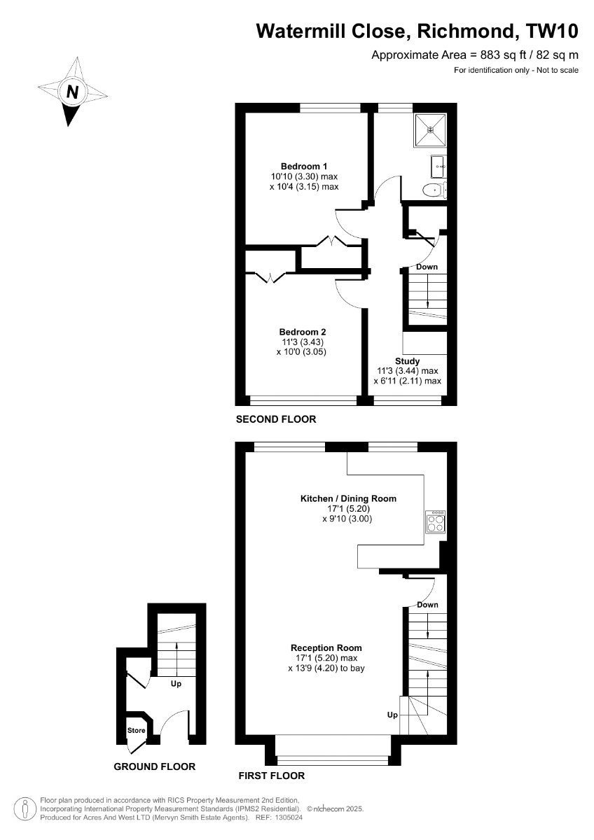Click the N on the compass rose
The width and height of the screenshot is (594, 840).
pyautogui.click(x=72, y=91)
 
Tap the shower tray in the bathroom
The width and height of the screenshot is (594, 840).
pyautogui.click(x=430, y=130)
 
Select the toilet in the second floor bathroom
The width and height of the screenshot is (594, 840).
pyautogui.click(x=434, y=190)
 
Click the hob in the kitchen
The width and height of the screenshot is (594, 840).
pyautogui.click(x=435, y=521)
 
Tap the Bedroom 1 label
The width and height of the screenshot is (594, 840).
pyautogui.click(x=304, y=166)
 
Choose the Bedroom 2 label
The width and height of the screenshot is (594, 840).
pyautogui.click(x=303, y=332)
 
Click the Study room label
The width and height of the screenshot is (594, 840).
pyautogui.click(x=407, y=361)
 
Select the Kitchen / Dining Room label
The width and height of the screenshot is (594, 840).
pyautogui.click(x=348, y=498)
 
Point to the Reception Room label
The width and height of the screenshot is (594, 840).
pyautogui.click(x=326, y=647)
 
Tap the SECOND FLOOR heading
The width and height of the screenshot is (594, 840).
pyautogui.click(x=276, y=419)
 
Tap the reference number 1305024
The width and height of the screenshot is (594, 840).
pyautogui.click(x=288, y=817)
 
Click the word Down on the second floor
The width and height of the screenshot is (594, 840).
pyautogui.click(x=427, y=267)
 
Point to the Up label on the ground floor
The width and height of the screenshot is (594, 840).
pyautogui.click(x=176, y=684)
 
